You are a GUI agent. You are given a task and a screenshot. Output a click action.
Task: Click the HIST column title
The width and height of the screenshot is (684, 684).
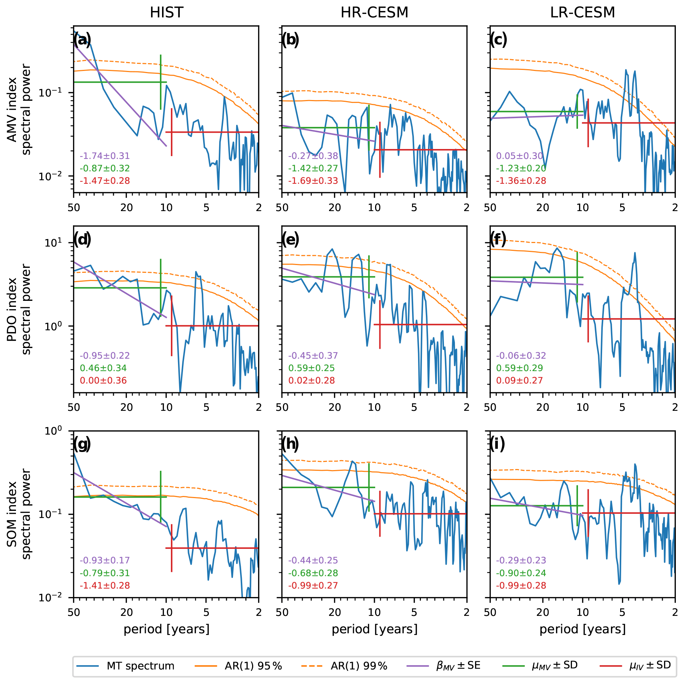coord(166,13)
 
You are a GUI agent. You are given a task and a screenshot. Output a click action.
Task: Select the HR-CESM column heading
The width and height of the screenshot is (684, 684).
coord(374,13)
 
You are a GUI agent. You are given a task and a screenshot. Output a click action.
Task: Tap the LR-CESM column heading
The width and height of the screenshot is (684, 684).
coord(582,13)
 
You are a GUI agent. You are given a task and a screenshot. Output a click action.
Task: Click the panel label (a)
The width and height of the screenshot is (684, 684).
coord(82,40)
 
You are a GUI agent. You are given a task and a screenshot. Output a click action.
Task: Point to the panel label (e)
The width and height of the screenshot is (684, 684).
coord(290,240)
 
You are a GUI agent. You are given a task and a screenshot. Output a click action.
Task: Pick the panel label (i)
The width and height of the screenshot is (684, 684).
coord(497,444)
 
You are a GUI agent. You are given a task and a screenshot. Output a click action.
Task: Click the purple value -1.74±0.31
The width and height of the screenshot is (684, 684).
coord(105,156)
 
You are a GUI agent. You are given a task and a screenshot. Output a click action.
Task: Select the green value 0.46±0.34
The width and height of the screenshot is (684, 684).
coord(103,368)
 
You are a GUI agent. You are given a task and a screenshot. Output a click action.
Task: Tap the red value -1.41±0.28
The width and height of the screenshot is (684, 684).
coord(105,585)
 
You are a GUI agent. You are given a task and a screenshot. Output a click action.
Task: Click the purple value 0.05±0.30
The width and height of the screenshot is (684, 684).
coord(519,156)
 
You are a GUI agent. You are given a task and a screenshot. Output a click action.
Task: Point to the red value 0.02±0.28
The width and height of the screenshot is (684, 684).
coord(311,381)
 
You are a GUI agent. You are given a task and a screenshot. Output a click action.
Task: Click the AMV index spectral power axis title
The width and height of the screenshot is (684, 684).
coord(18,109)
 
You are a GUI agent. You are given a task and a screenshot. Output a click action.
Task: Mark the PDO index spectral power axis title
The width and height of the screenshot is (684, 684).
coord(18,309)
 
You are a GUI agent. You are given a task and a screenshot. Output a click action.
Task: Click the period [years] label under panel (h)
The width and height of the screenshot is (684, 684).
coord(374,629)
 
